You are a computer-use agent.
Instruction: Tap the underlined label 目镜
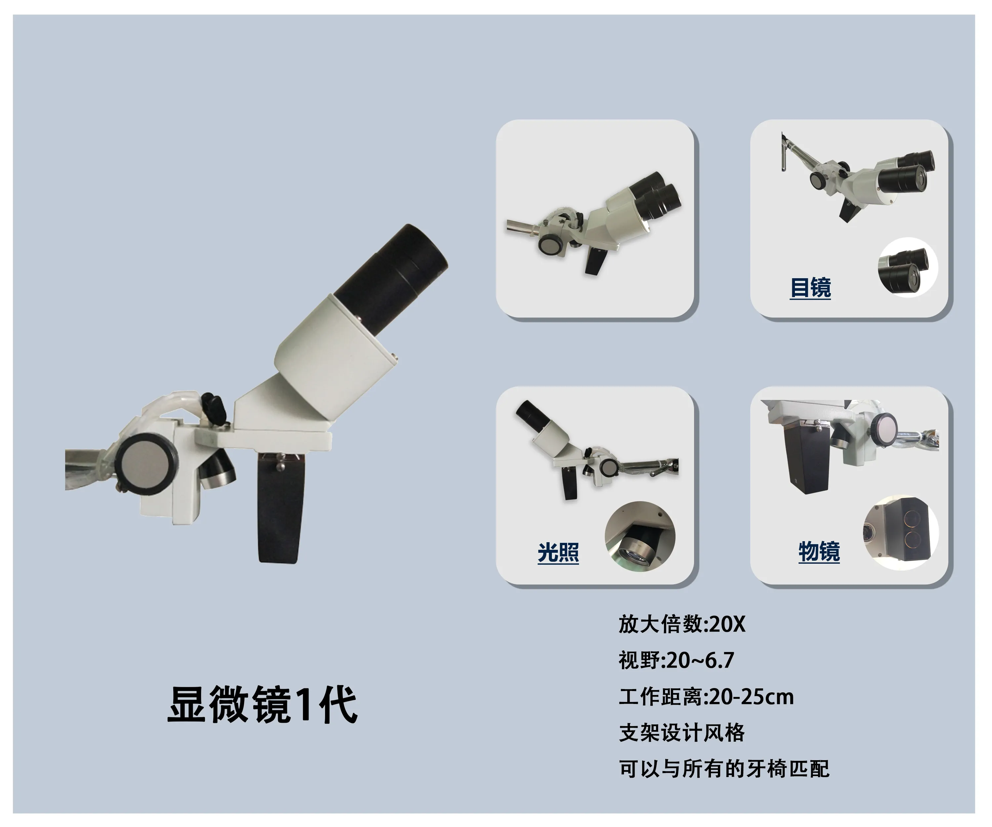[x=810, y=287]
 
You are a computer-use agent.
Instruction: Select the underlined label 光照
[x=558, y=552]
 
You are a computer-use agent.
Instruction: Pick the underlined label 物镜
[x=819, y=551]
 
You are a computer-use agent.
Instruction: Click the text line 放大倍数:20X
[x=682, y=624]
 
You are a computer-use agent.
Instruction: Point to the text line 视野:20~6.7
[x=677, y=660]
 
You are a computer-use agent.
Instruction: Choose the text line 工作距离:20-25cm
[x=707, y=697]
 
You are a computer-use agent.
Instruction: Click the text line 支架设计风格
[x=682, y=732]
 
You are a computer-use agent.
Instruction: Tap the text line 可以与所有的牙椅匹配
[x=724, y=769]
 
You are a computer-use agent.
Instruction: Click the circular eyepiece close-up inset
[x=907, y=267]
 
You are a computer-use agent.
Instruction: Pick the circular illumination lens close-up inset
[x=640, y=536]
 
